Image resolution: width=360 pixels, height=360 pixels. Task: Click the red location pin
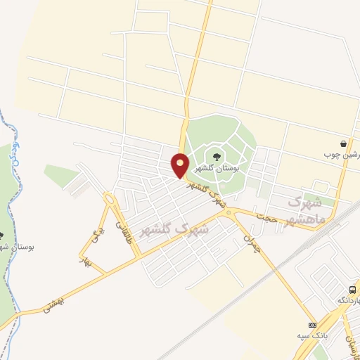[181, 165]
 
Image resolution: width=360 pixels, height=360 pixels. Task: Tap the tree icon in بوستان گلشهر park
[214, 155]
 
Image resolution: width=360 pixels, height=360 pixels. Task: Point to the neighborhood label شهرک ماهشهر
[307, 211]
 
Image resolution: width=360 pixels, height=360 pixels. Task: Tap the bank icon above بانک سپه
[313, 324]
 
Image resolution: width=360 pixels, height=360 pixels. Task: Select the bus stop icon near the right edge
[352, 289]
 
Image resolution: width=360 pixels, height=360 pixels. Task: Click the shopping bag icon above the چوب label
[342, 143]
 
